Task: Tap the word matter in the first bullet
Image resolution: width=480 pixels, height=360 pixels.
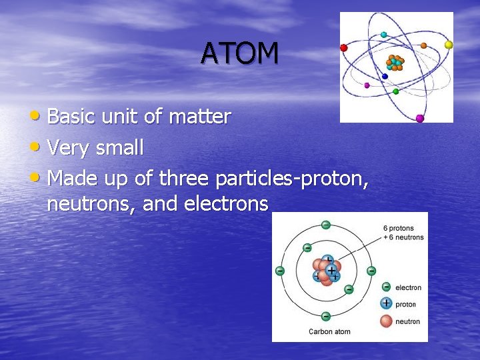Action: pos(199,117)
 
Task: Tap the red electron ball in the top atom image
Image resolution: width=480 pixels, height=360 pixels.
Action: pos(344,48)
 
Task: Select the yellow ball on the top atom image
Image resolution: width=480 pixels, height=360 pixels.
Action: pos(449,45)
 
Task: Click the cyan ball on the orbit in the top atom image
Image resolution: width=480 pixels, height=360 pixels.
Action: pos(383,35)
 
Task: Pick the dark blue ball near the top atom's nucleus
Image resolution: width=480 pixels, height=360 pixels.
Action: pos(385,77)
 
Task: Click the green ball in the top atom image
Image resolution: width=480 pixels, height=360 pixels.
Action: pos(396,91)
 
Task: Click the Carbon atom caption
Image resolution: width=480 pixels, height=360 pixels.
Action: pos(329,331)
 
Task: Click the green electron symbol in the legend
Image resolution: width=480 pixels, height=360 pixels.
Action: pos(386,287)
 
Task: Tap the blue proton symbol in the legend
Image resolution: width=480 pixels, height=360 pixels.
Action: pos(386,303)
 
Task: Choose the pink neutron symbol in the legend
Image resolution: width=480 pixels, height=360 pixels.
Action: pos(386,321)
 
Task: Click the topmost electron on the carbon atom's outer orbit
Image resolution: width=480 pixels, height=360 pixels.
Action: pos(325,225)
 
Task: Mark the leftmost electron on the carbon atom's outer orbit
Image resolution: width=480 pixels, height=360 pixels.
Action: pos(280,271)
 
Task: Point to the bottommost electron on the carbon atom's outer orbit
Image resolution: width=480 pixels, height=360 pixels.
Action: pos(325,316)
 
